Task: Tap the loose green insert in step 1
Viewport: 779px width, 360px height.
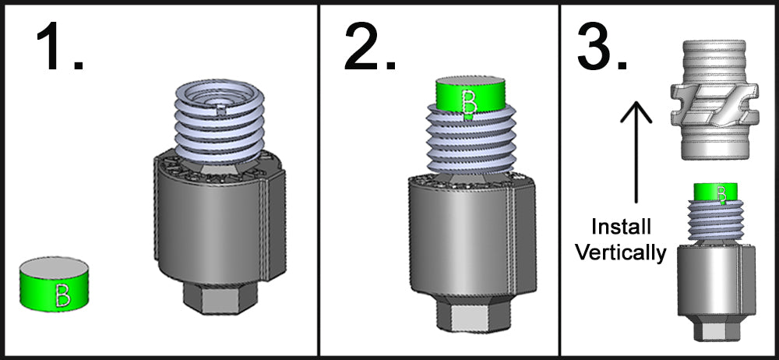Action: pos(55,284)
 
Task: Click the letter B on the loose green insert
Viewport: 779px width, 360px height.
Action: pos(62,295)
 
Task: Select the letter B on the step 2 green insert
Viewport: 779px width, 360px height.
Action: pos(469,101)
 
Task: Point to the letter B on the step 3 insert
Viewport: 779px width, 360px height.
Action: pos(722,193)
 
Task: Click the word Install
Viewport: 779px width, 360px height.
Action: pos(621,228)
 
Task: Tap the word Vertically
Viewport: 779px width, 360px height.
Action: pos(621,253)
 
